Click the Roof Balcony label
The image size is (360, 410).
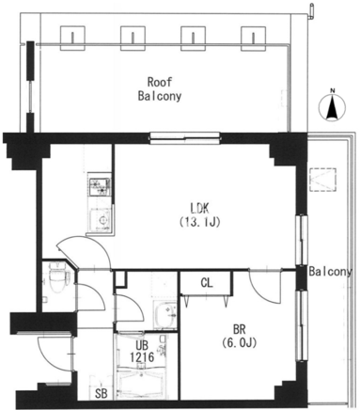click(160, 89)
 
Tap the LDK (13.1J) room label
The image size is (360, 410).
click(200, 214)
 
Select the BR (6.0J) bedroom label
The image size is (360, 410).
click(240, 337)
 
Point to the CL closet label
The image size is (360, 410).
click(207, 283)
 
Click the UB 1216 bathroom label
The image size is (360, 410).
click(142, 351)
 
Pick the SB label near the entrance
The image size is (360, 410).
click(102, 394)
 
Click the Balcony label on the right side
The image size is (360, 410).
click(331, 272)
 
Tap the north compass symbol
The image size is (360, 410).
click(332, 105)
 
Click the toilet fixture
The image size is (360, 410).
click(57, 276)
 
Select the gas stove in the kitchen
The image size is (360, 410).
click(100, 187)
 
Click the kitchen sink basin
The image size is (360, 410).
click(101, 220)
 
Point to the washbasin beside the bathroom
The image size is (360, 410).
click(164, 314)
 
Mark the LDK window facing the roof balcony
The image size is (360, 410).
click(185, 138)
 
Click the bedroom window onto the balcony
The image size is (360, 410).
click(302, 326)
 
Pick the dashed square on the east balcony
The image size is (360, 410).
click(322, 180)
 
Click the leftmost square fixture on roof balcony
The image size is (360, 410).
click(72, 38)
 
